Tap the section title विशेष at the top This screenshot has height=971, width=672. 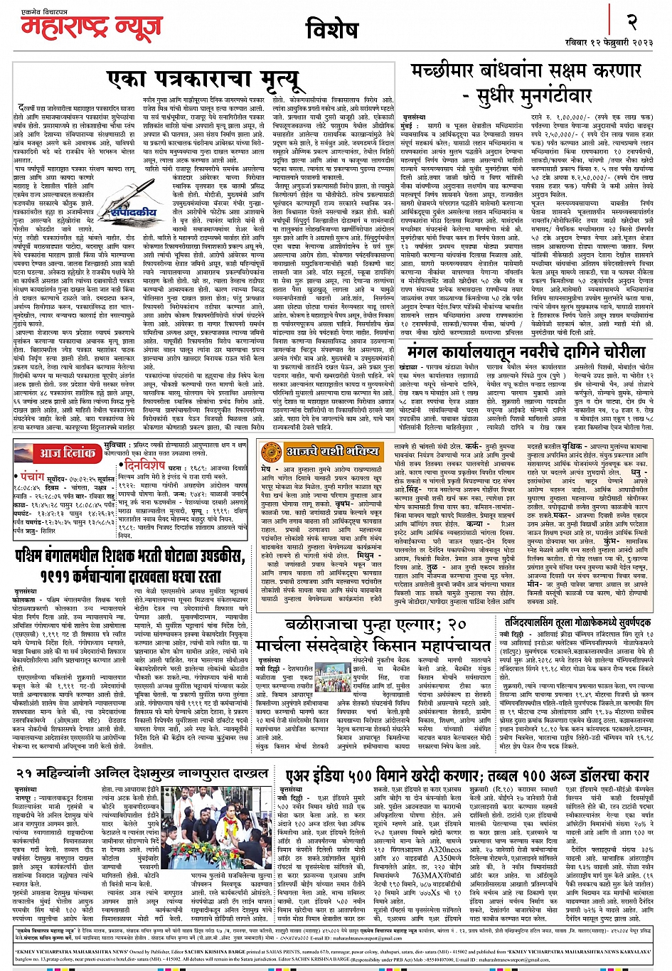click(331, 30)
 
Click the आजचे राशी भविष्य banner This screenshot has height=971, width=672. click(332, 451)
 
